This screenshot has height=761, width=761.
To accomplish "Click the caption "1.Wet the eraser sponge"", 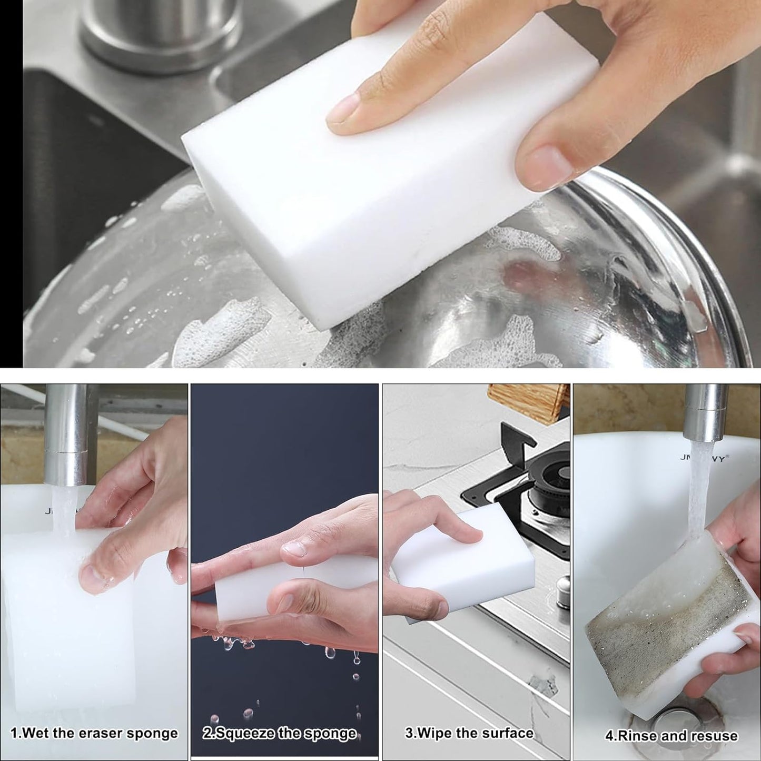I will (x=94, y=733).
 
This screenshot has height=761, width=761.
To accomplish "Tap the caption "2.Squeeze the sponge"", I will (x=280, y=733).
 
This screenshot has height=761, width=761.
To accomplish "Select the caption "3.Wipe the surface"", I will (x=469, y=733).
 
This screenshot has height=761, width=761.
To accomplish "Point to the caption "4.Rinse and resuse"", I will (x=671, y=735).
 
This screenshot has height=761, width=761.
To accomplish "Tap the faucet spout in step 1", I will (x=66, y=432).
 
